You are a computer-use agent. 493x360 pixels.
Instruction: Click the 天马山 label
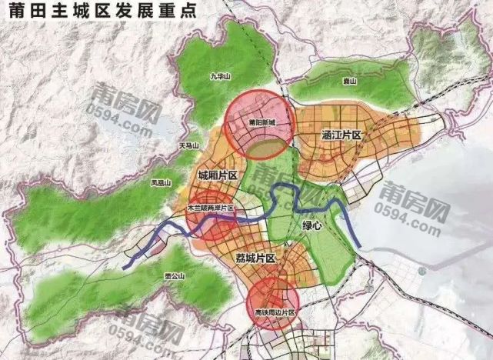click(x=188, y=145)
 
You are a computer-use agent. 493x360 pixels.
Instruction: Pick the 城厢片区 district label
click(x=217, y=176)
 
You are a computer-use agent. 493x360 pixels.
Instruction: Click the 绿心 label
click(x=301, y=226)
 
